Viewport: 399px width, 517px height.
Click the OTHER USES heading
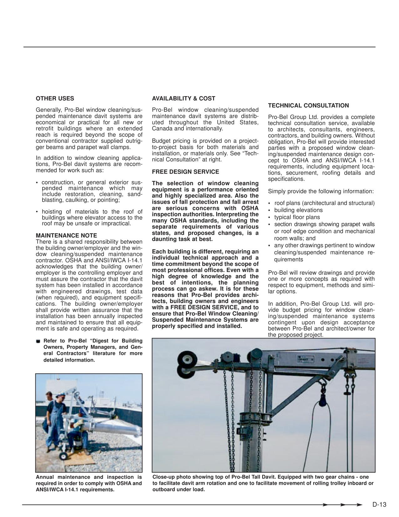click(55, 98)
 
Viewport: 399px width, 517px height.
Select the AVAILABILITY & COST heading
click(183, 98)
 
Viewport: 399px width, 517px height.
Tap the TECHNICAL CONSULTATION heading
click(308, 106)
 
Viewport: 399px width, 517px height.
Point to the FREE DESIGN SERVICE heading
click(185, 172)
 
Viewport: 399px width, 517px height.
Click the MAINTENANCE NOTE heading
click(66, 235)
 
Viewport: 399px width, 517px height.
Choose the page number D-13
click(379, 504)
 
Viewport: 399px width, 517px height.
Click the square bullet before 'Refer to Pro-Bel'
click(38, 341)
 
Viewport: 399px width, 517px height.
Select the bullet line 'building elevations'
click(298, 210)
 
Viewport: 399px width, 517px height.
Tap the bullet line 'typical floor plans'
click(297, 217)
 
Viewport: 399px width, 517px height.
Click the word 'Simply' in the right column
click(277, 191)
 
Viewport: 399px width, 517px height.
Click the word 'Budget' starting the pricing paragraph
click(161, 141)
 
